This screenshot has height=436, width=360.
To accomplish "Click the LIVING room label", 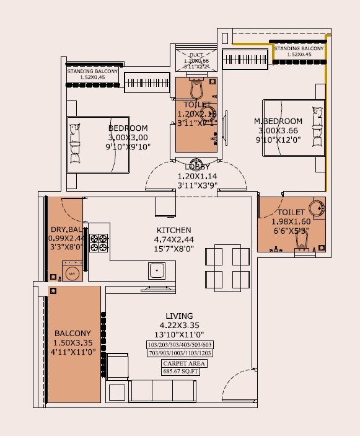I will click(x=180, y=316).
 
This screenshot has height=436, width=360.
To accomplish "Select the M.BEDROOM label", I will click(x=278, y=121).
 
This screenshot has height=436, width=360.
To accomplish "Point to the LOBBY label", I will click(x=197, y=167).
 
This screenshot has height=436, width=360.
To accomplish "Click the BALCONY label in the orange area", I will click(x=72, y=333).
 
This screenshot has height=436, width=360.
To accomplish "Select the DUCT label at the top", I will click(x=196, y=55).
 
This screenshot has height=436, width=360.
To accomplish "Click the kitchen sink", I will click(x=156, y=270).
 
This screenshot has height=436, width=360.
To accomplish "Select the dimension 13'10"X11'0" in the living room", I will click(x=180, y=333).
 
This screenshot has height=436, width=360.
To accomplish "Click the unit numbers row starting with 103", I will click(x=180, y=345).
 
